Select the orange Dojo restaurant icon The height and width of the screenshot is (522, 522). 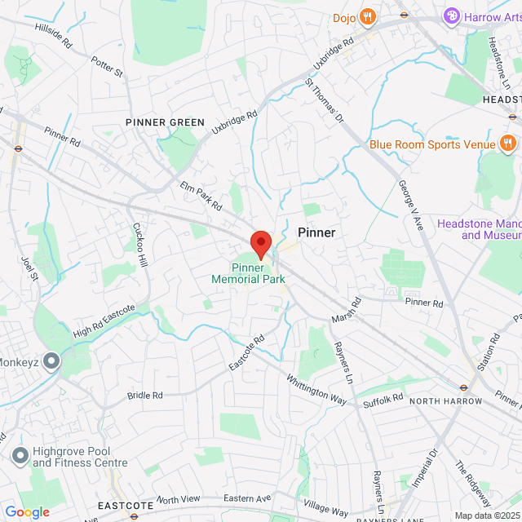pyautogui.click(x=368, y=17)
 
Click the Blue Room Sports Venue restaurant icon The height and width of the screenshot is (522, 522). pyautogui.click(x=508, y=144)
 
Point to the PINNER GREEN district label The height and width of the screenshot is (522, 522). pyautogui.click(x=165, y=122)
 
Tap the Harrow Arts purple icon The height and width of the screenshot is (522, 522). pyautogui.click(x=452, y=15)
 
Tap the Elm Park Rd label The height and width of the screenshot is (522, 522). pyautogui.click(x=201, y=196)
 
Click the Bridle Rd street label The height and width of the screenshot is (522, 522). pyautogui.click(x=145, y=396)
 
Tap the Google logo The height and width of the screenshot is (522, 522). pyautogui.click(x=27, y=511)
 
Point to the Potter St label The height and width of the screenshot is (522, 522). pyautogui.click(x=107, y=68)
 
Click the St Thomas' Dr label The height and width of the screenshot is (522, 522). pyautogui.click(x=325, y=99)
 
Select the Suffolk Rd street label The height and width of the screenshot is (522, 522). pyautogui.click(x=383, y=400)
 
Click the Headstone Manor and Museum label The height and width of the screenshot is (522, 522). pyautogui.click(x=479, y=229)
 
